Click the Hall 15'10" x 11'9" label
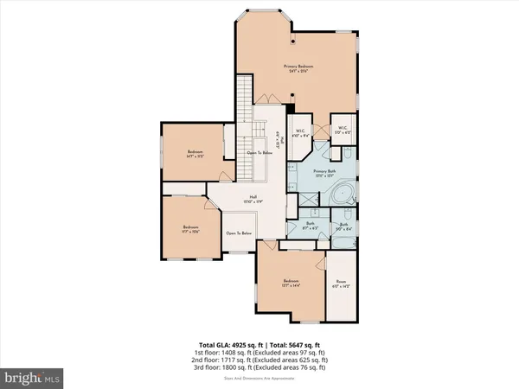click(253, 199)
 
